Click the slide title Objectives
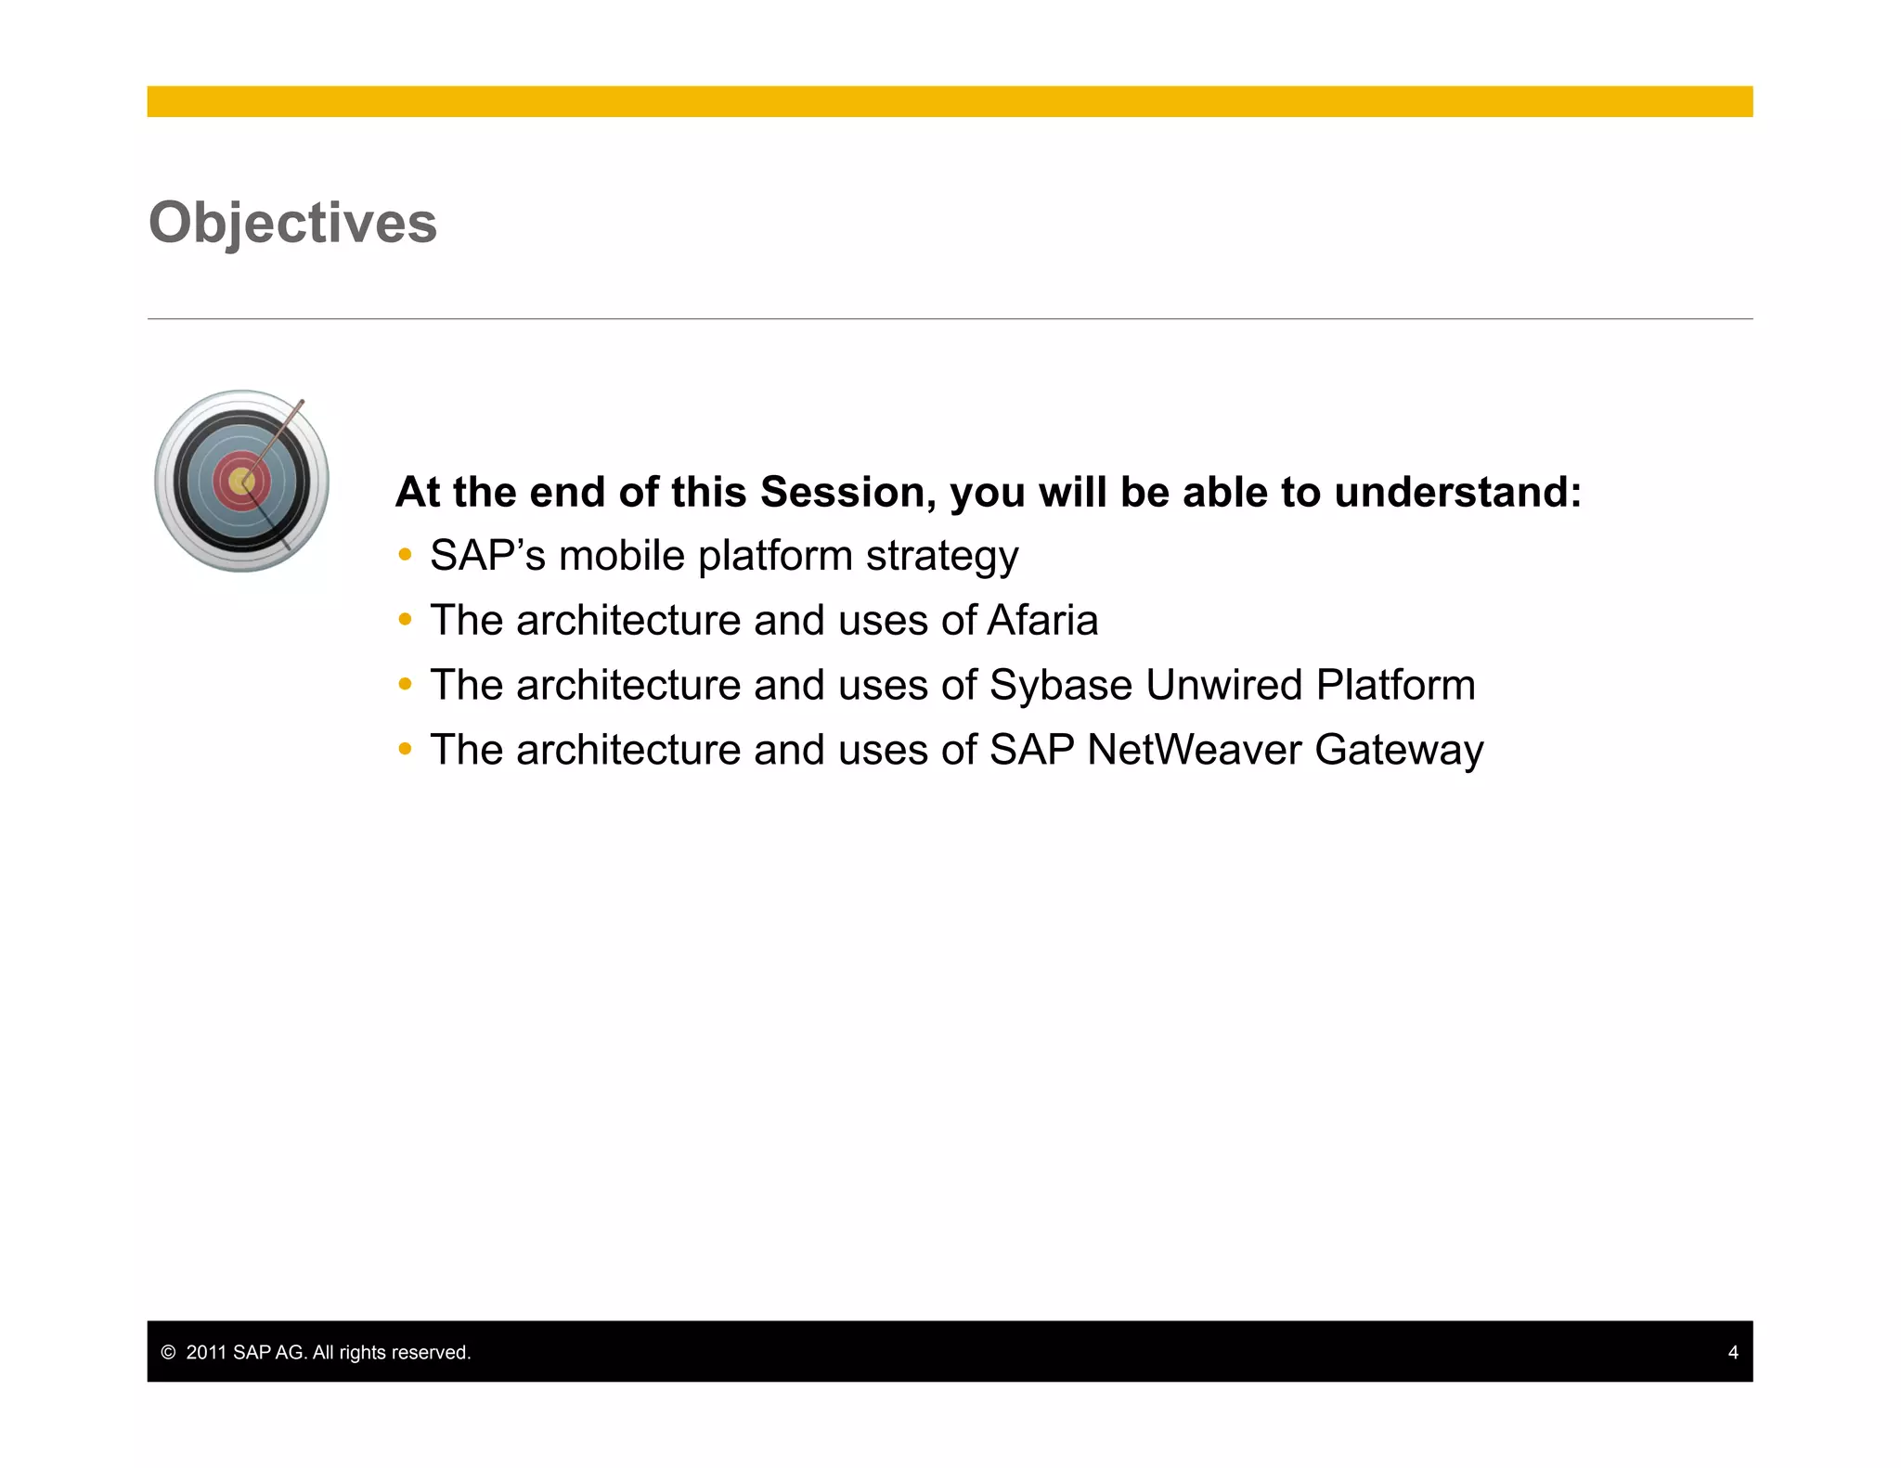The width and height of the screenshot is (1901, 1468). (292, 223)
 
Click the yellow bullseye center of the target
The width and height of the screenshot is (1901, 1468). (241, 481)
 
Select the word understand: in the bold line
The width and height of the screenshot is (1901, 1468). (1457, 492)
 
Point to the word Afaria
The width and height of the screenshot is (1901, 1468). (1042, 620)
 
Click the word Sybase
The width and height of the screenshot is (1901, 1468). (1061, 686)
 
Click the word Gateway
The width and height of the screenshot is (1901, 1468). (1399, 751)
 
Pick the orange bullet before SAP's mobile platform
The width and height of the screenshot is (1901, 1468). (405, 555)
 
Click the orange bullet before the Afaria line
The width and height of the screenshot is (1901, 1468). (405, 619)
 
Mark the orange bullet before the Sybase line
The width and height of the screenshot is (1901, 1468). (405, 684)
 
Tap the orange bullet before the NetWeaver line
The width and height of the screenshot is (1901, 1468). (405, 748)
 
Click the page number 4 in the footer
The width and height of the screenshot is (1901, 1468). (1732, 1352)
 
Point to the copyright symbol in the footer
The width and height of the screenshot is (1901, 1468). (168, 1352)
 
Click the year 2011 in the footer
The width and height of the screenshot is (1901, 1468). (206, 1352)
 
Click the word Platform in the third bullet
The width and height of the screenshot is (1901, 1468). (1395, 685)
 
